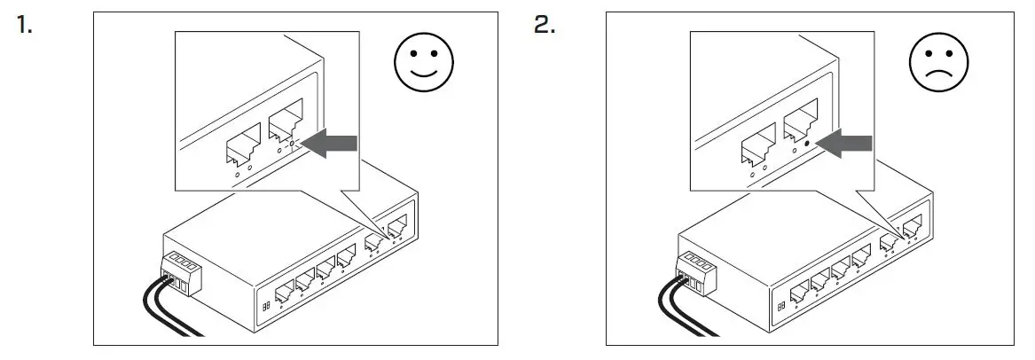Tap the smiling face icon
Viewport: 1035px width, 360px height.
[423, 65]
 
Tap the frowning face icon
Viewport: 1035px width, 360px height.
[938, 65]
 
